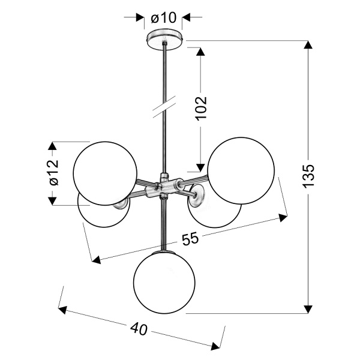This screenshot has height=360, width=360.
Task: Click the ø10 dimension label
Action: pos(163,18)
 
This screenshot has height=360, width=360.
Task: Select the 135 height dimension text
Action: pos(308,177)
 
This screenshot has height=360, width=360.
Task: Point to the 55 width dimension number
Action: pos(190,239)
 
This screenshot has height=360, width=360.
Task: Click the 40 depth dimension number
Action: pos(139,329)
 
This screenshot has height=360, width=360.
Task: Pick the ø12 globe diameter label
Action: pos(52,173)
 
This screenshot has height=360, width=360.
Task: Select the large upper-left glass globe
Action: pos(105,173)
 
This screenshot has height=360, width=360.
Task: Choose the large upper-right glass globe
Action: pos(241,169)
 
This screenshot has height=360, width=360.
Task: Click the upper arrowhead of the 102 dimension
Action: pos(200,50)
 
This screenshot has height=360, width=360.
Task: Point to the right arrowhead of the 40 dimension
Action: pos(217,345)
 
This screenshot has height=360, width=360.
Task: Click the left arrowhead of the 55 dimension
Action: pos(97,260)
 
